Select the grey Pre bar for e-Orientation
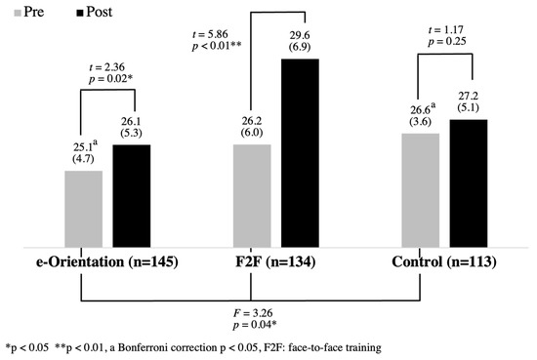83,211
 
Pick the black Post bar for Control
469,186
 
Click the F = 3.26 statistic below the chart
253,311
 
